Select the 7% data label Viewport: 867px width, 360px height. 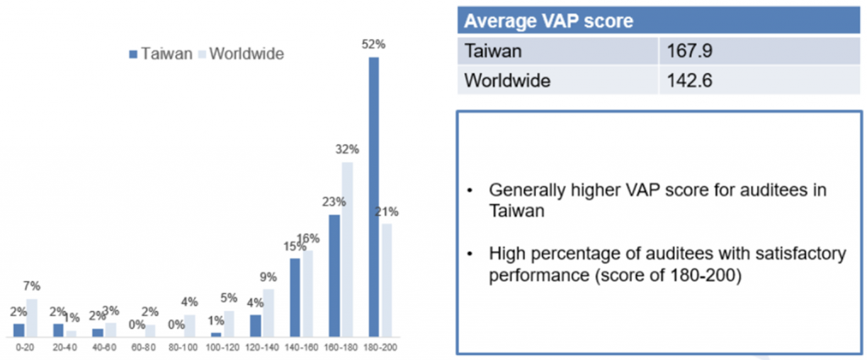pos(32,286)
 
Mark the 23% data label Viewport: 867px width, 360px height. pos(333,202)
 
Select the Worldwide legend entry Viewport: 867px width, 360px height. pos(240,53)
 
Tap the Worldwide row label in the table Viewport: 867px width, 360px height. pos(508,82)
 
